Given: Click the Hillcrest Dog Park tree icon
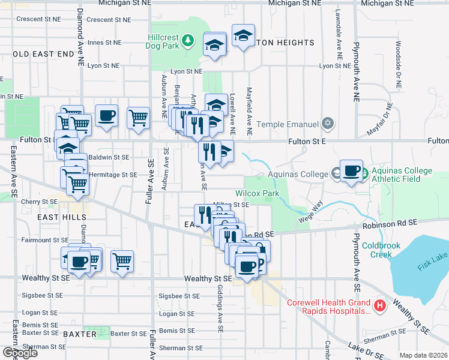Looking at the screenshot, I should (188, 40).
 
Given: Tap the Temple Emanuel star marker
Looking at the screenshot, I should (327, 124).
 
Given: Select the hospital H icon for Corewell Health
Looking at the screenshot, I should (379, 306).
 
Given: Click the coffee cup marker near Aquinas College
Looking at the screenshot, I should (352, 171).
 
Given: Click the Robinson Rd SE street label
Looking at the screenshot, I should (394, 223).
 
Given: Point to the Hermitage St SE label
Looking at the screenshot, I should (113, 175).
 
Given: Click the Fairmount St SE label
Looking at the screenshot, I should (46, 240).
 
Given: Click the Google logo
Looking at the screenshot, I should (20, 352).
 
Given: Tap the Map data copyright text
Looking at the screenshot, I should (423, 355).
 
